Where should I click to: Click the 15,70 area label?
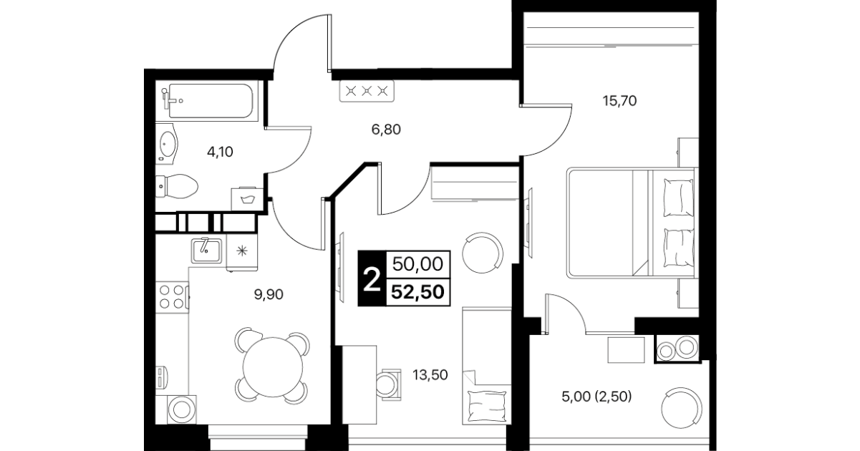click(x=619, y=101)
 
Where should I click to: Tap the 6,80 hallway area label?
click(x=386, y=130)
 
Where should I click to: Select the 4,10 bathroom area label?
click(x=220, y=152)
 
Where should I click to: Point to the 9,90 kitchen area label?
click(x=269, y=294)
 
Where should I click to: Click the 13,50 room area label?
click(x=430, y=374)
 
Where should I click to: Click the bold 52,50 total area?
click(x=417, y=292)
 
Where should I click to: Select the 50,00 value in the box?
click(x=417, y=264)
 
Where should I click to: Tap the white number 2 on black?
click(x=372, y=279)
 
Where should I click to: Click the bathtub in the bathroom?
click(x=210, y=101)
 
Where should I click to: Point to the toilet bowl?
click(x=177, y=186)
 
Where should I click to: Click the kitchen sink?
click(x=206, y=251)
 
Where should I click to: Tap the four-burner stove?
click(x=172, y=296)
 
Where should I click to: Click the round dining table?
click(x=273, y=367)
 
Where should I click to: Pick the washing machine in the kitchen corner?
click(x=182, y=409)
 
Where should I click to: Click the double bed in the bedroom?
click(x=632, y=223)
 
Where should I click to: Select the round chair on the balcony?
click(x=682, y=407)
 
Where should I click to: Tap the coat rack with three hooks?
click(x=367, y=92)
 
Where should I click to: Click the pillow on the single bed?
click(x=486, y=406)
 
